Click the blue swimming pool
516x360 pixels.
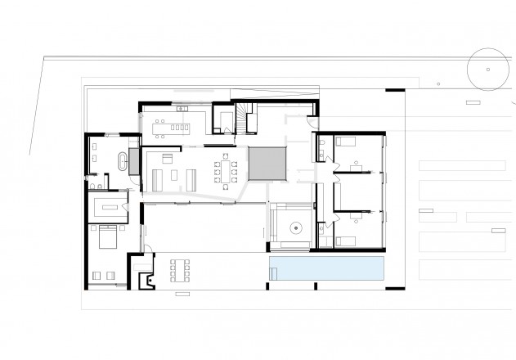(x=327, y=269)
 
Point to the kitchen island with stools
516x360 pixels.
(x=173, y=128)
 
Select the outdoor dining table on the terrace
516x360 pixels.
(x=181, y=269)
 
